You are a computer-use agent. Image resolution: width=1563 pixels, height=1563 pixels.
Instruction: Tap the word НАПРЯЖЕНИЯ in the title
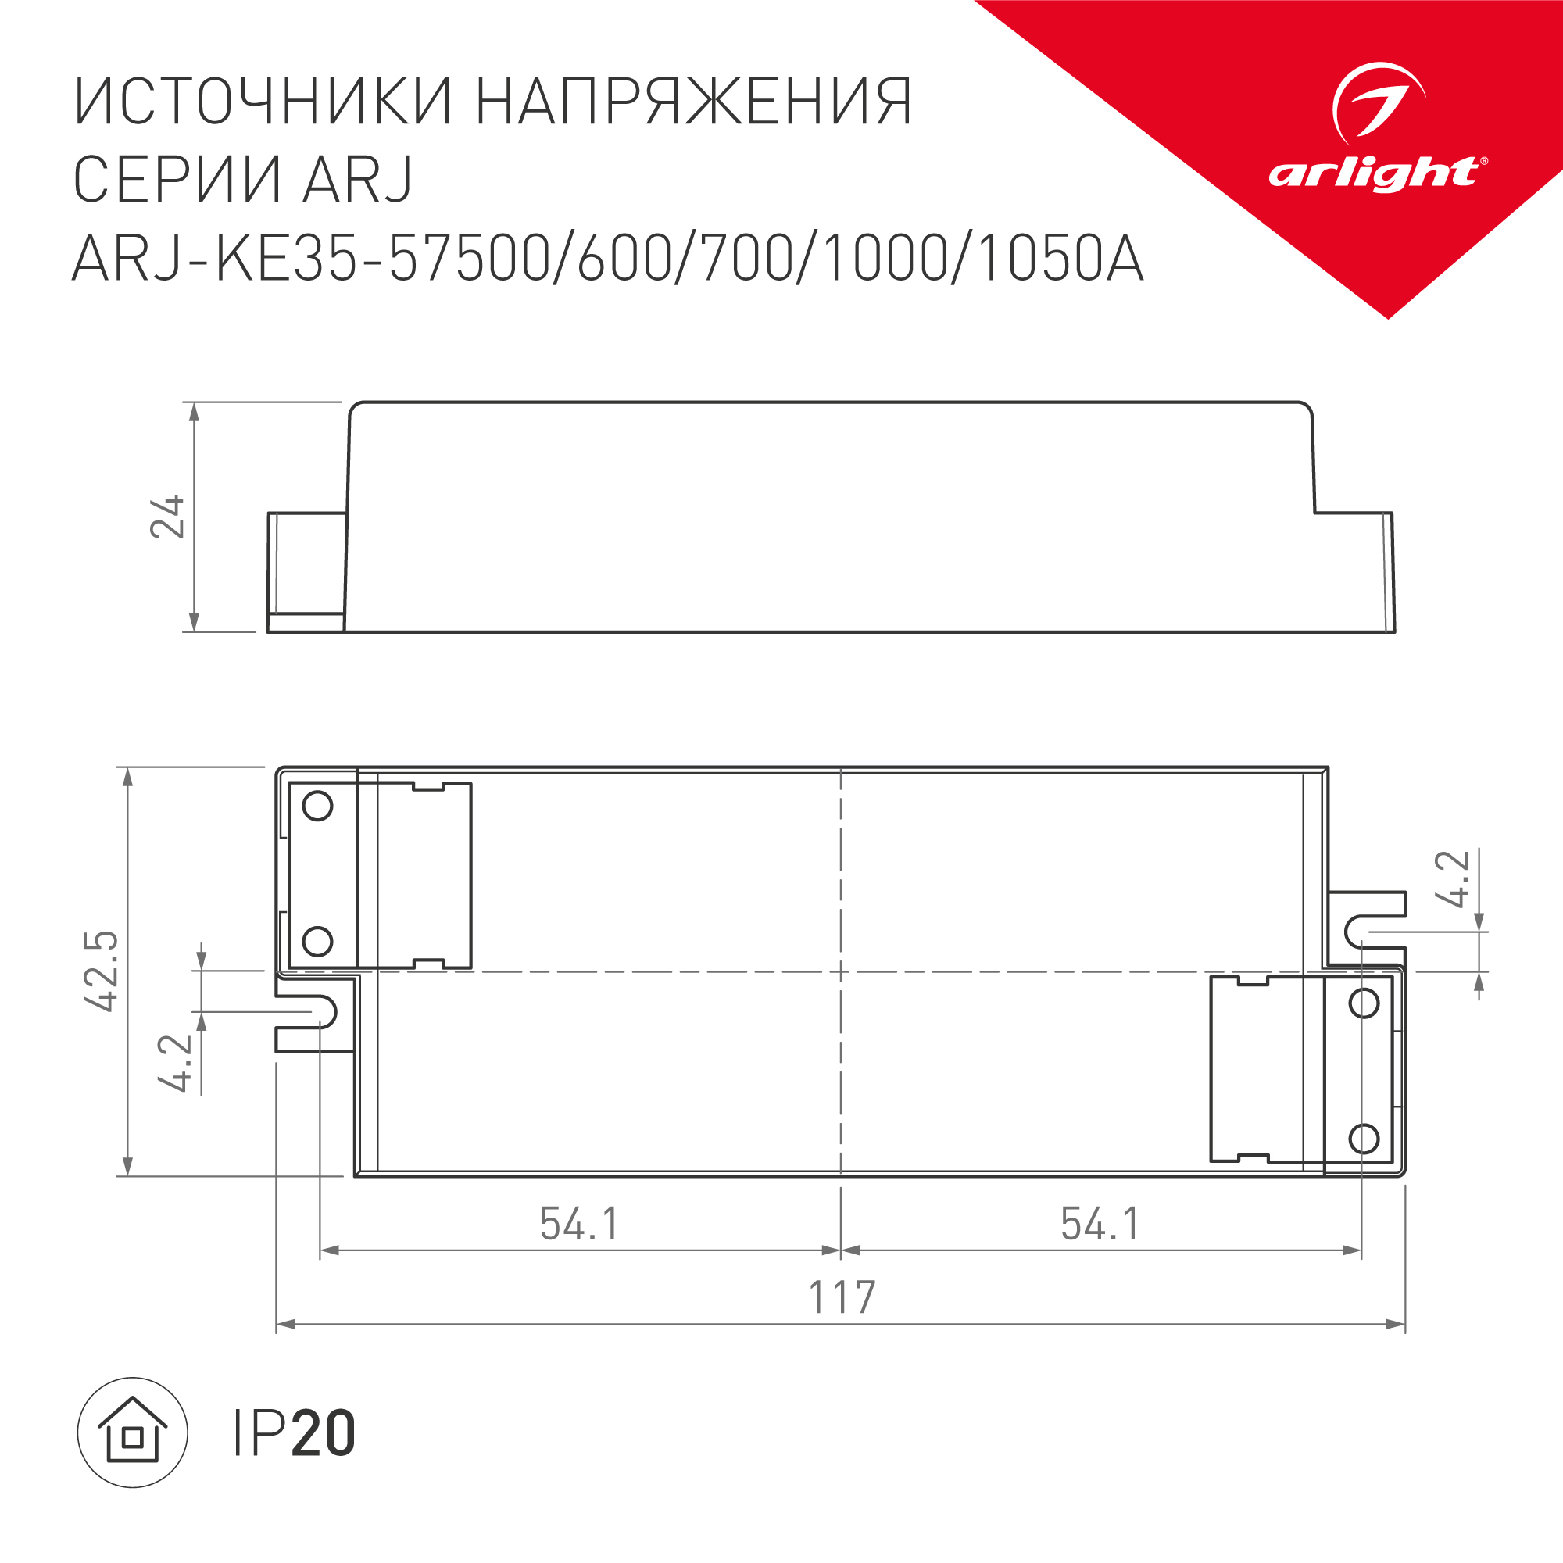tap(693, 102)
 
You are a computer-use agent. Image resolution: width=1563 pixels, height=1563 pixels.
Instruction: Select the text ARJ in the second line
tap(357, 180)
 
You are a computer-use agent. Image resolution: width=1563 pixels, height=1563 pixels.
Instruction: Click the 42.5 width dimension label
tap(102, 970)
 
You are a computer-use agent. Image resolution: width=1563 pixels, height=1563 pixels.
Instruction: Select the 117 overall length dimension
tap(842, 1297)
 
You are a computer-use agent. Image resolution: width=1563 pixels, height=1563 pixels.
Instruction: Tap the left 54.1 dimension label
tap(579, 1224)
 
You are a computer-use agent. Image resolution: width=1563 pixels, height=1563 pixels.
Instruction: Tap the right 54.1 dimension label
tap(1100, 1224)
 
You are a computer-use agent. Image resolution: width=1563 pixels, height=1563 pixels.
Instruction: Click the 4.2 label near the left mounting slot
tap(176, 1063)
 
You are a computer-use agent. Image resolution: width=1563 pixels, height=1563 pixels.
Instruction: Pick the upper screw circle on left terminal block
tap(317, 806)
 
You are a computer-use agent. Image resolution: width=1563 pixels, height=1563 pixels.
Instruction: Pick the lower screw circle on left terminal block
tap(317, 941)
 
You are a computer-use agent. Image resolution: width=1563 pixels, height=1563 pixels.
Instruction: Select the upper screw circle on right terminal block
tap(1364, 1003)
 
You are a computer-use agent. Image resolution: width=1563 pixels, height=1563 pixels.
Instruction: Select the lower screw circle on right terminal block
tap(1364, 1139)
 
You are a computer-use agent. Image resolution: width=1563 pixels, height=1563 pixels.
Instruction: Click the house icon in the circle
tap(133, 1432)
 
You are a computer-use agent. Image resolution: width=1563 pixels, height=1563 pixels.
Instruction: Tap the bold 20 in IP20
tap(323, 1433)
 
